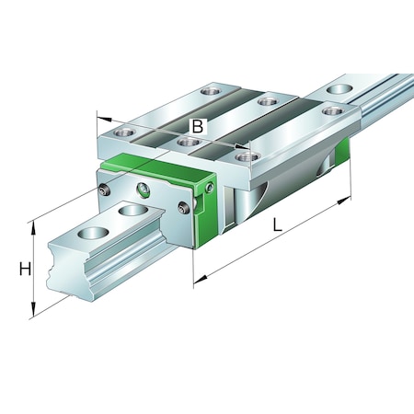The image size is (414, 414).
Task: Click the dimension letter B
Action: pos(197,127)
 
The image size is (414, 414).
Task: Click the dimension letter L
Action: pos(276,224)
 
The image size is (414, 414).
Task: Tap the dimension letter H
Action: pos(26,270)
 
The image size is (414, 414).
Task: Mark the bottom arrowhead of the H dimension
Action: pos(35,312)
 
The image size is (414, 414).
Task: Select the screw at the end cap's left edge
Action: pos(103,190)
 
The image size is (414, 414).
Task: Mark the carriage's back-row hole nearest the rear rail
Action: pos(329,111)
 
